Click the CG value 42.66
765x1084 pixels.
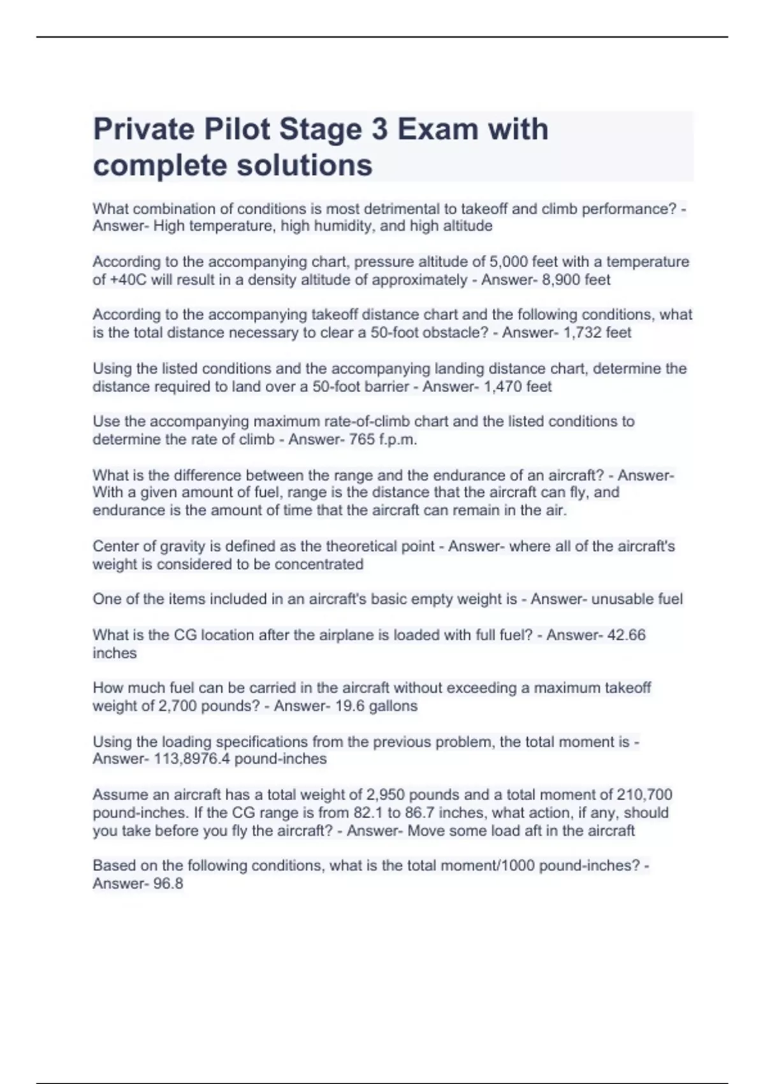coord(627,635)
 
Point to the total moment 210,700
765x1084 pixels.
coord(644,795)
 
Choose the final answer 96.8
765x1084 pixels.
coord(168,884)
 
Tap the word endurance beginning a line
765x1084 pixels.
coord(123,510)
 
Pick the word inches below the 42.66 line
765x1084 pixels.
coord(115,653)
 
